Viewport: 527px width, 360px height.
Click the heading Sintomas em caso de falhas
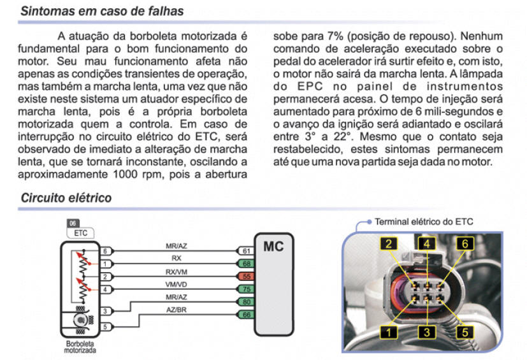pos(102,11)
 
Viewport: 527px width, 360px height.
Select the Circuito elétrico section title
pos(66,198)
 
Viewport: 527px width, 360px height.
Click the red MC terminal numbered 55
pos(245,277)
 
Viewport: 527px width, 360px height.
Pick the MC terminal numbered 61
pos(245,252)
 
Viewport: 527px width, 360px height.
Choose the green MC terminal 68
pos(245,264)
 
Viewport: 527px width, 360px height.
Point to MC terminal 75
pos(245,289)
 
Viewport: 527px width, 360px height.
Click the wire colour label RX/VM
pos(176,270)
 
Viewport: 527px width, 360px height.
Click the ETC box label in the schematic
pos(80,233)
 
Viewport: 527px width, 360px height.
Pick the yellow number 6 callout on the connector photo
pos(465,243)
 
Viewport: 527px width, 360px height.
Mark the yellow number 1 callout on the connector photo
pos(389,331)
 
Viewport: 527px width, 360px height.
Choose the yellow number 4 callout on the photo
pos(428,243)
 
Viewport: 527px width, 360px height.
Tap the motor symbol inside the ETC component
pos(82,320)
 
